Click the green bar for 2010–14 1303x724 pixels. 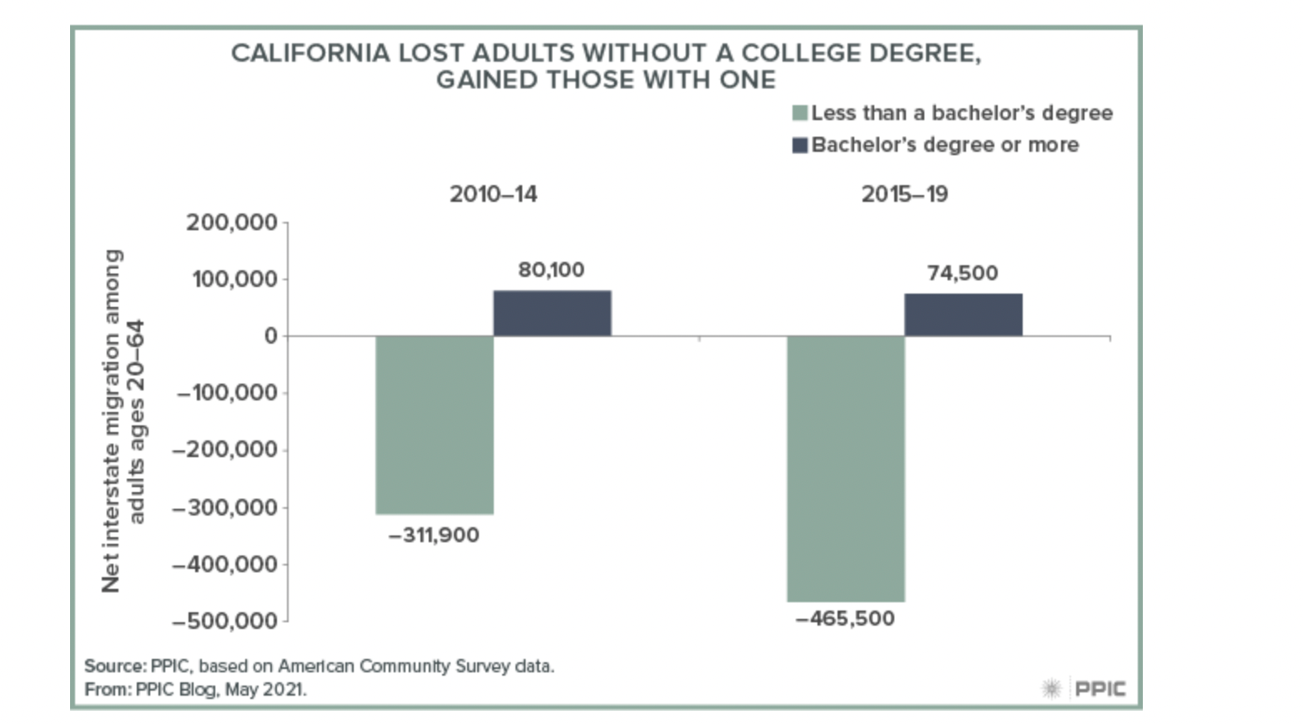click(x=435, y=425)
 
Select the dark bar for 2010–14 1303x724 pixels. click(x=552, y=314)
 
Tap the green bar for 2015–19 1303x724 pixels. click(x=846, y=468)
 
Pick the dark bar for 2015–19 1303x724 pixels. click(x=963, y=315)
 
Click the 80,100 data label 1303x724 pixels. click(x=551, y=270)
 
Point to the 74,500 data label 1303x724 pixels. click(x=963, y=274)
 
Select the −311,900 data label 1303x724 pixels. click(x=434, y=535)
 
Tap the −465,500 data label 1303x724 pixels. click(x=845, y=619)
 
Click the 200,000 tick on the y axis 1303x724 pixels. click(x=232, y=223)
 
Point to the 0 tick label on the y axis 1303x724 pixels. click(x=271, y=336)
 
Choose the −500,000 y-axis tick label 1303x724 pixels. click(x=225, y=621)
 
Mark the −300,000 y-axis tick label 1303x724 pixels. click(x=225, y=508)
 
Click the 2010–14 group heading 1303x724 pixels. click(x=493, y=194)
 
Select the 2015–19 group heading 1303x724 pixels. click(x=904, y=194)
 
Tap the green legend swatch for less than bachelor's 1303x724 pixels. click(x=800, y=113)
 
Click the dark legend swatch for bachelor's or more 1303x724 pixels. click(x=800, y=145)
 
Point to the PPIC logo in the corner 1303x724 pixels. click(x=1084, y=689)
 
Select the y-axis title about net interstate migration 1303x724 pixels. click(x=123, y=421)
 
